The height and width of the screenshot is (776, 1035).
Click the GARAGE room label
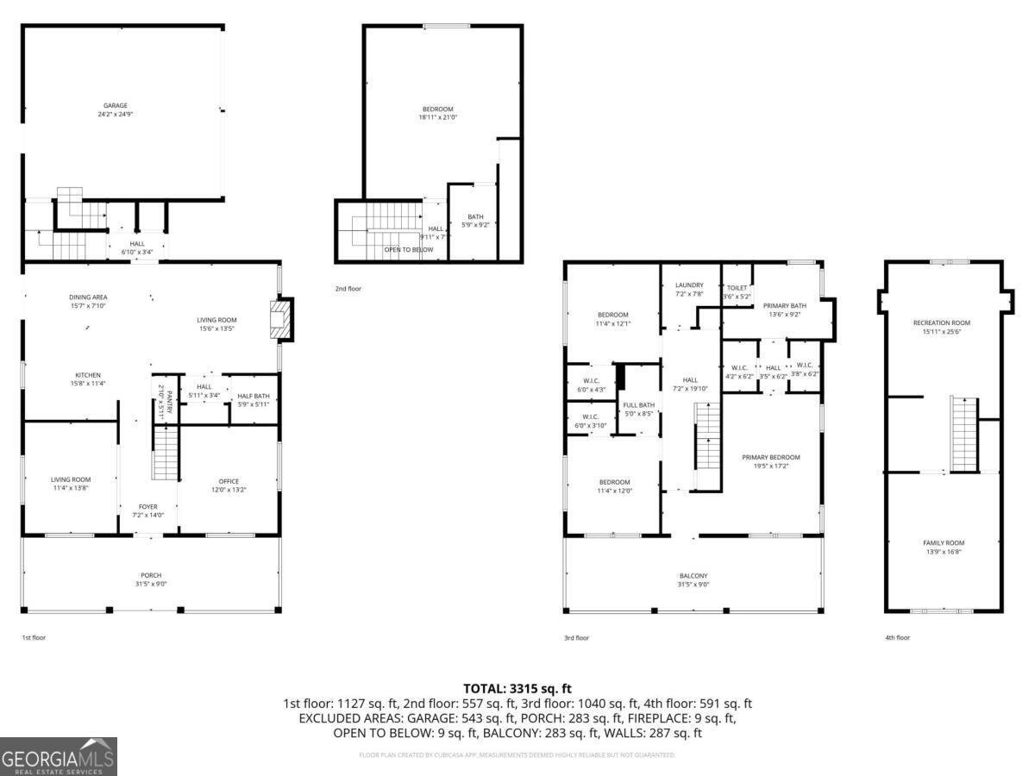[x=116, y=105]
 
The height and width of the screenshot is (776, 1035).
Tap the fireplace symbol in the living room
[x=281, y=319]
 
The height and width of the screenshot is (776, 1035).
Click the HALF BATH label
[x=253, y=396]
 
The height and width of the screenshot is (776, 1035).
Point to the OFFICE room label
[x=229, y=481]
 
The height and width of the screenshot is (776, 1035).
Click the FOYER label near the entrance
[x=147, y=507]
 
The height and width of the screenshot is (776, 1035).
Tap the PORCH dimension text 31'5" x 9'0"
[x=151, y=584]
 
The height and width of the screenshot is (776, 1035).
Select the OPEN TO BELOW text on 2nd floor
[x=409, y=249]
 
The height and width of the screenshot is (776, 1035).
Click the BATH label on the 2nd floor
[x=475, y=216]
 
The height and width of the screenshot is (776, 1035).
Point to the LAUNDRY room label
[x=689, y=285]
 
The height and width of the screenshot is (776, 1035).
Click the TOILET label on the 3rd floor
[x=737, y=288]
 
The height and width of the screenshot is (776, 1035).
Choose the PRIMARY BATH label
[x=784, y=305]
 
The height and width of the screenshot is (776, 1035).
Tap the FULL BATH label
[x=639, y=404]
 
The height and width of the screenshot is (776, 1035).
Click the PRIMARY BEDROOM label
[x=771, y=457]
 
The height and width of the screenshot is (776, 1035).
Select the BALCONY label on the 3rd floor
[x=693, y=576]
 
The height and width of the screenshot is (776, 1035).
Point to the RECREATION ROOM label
[x=942, y=323]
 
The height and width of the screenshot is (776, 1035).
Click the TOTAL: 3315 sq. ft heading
[x=517, y=688]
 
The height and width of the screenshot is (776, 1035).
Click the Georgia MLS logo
[x=59, y=756]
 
